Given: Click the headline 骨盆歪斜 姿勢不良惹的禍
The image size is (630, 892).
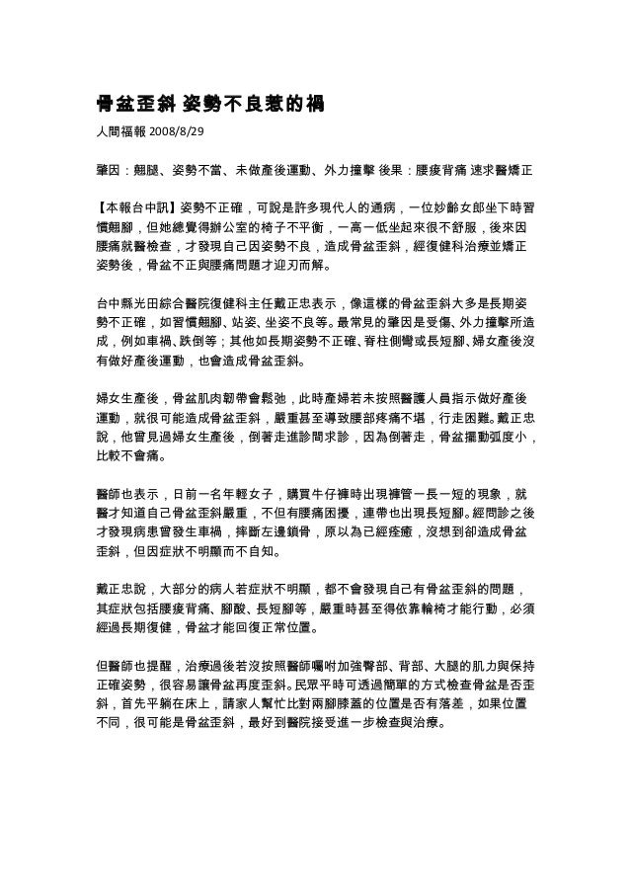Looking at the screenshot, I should pos(201,102).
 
